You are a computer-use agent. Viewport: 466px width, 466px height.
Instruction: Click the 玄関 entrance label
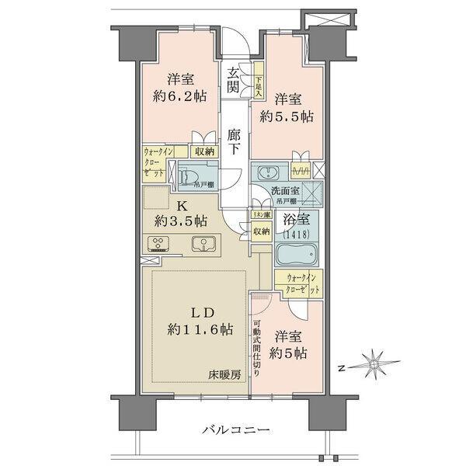233,81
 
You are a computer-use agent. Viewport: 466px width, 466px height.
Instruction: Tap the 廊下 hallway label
234,140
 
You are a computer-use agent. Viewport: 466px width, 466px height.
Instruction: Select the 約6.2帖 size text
179,97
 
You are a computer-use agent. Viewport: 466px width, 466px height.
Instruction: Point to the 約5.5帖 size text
287,116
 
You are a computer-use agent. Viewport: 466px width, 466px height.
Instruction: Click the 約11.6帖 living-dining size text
200,329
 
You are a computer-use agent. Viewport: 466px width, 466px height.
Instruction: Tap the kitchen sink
203,243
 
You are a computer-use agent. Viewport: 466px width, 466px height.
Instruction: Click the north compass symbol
374,363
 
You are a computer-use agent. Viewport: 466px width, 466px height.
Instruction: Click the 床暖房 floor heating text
224,375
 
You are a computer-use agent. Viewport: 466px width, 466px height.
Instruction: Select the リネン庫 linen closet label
259,214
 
